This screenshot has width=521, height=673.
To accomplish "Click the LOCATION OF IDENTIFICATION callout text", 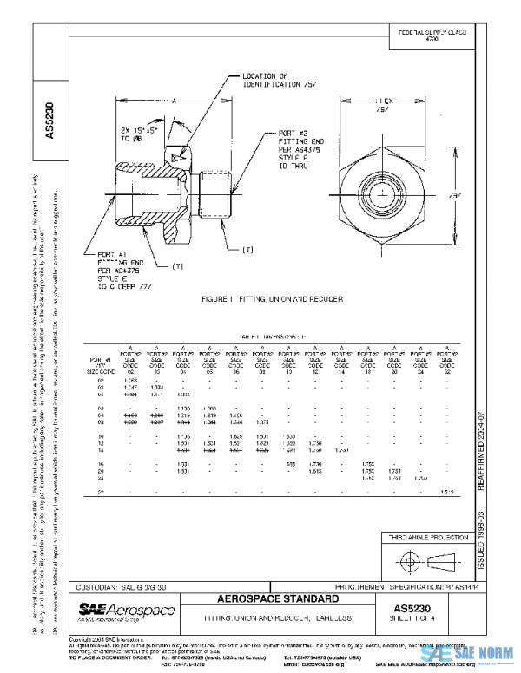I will click(271, 82).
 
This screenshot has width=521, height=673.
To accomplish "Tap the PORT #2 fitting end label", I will click(300, 149).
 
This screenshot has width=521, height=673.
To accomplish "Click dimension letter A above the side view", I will click(175, 101).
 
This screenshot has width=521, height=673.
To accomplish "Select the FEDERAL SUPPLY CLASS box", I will click(432, 36).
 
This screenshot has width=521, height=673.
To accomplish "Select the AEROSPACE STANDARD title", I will click(289, 599).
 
